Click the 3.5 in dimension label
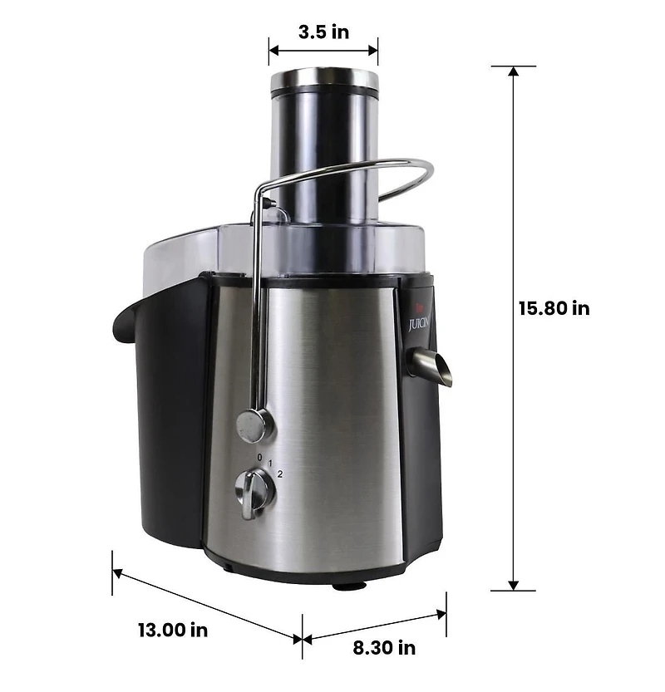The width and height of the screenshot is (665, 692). pos(323,32)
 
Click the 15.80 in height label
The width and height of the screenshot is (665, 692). pos(554,308)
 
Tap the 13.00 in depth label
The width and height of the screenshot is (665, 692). pos(173,630)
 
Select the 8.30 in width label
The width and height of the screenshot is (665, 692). pos(384,647)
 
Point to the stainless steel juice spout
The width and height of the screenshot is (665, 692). pos(431,366)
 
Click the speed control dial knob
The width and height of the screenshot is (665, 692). pos(255,492)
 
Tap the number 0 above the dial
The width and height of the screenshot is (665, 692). pos(259,458)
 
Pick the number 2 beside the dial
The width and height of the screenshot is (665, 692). pos(281,474)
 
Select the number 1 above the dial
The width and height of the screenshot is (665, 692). pos(271,463)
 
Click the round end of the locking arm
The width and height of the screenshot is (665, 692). pos(254,425)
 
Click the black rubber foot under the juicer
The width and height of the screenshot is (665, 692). pos(348,585)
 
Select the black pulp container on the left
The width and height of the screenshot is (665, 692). pos(166,407)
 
